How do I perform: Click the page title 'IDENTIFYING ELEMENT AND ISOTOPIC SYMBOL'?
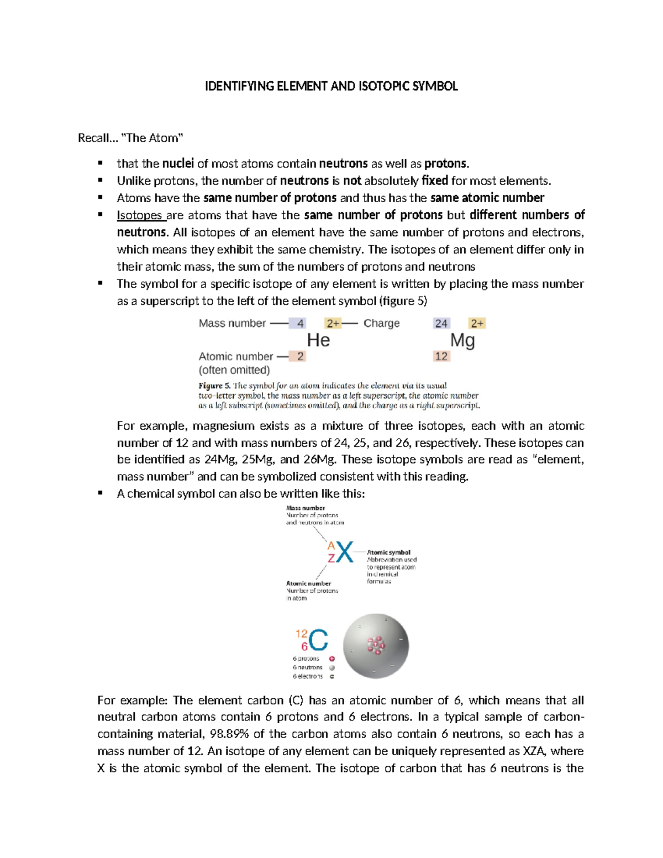[331, 86]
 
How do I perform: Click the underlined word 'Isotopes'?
[140, 215]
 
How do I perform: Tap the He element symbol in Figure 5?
[318, 340]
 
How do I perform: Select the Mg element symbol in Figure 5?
[462, 340]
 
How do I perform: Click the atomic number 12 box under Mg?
[441, 356]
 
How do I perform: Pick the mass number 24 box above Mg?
[441, 323]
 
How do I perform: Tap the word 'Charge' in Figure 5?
[381, 323]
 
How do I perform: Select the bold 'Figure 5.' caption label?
[214, 386]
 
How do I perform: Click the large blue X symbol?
[345, 552]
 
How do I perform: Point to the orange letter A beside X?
[331, 546]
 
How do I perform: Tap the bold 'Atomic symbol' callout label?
[388, 552]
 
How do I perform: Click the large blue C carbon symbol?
[318, 641]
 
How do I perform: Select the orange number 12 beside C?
[302, 634]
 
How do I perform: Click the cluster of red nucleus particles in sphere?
[376, 645]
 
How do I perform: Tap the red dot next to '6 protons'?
[332, 659]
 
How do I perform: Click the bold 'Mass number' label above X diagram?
[306, 508]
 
